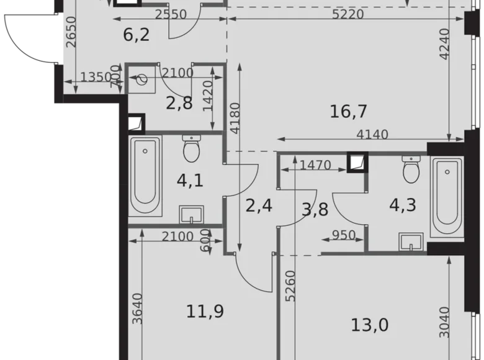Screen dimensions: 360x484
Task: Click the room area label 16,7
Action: pyautogui.click(x=349, y=112)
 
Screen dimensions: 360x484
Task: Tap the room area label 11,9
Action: pyautogui.click(x=204, y=310)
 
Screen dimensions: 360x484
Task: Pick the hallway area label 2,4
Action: pyautogui.click(x=259, y=204)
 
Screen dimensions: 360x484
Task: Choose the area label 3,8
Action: pyautogui.click(x=315, y=209)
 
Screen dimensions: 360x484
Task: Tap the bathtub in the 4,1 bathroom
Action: pyautogui.click(x=145, y=176)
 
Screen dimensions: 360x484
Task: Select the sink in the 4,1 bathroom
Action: pyautogui.click(x=191, y=214)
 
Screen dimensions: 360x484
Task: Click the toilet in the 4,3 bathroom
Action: pyautogui.click(x=411, y=169)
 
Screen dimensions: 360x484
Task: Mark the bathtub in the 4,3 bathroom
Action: pyautogui.click(x=447, y=197)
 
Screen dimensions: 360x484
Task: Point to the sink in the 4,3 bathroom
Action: pyautogui.click(x=411, y=242)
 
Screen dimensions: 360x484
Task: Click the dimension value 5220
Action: pyautogui.click(x=348, y=14)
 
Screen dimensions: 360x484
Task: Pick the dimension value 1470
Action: pyautogui.click(x=315, y=165)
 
